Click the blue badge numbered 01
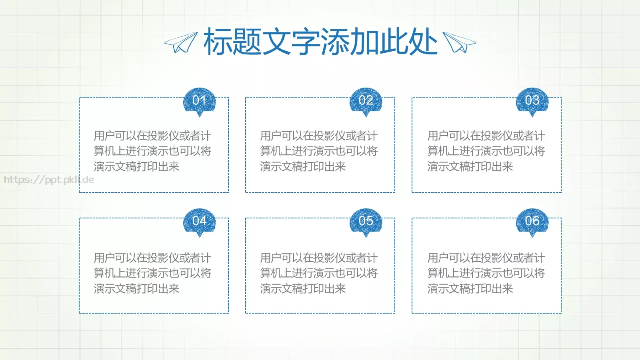199,101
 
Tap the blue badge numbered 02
366,101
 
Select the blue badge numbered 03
532,101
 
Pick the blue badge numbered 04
199,221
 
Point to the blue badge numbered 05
366,221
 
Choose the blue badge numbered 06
532,221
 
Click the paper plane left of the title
181,42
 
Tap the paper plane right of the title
459,42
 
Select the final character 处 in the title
423,42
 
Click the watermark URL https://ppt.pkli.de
49,180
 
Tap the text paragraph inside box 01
152,151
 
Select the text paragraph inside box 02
319,151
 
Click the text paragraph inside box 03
486,151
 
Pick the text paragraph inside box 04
152,273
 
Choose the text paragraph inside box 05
319,273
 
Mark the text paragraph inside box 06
486,273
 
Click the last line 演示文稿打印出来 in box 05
303,288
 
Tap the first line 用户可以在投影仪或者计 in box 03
486,136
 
